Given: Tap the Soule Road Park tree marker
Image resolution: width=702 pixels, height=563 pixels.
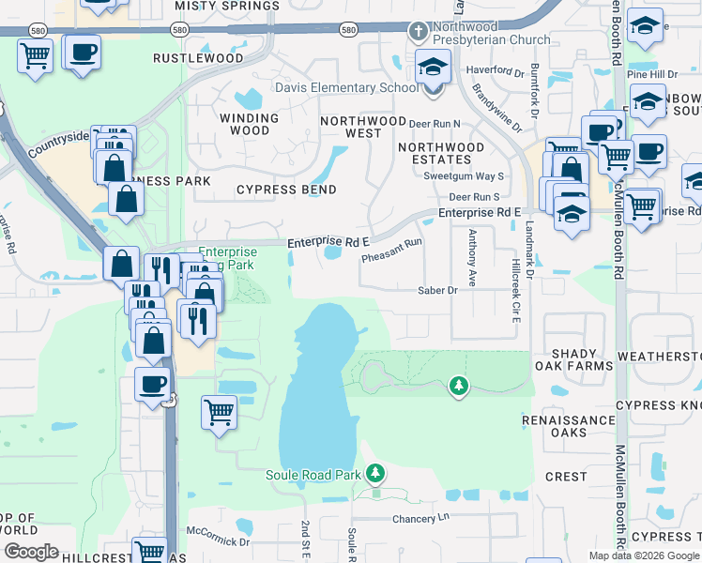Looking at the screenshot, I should (x=375, y=472).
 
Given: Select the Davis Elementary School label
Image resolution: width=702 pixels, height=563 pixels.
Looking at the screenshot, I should (x=346, y=88).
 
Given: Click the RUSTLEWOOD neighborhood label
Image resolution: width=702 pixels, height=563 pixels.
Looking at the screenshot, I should (x=198, y=58).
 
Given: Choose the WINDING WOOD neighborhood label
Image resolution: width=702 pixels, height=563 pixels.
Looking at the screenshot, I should (x=249, y=124).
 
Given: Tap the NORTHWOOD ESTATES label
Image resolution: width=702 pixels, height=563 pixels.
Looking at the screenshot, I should (x=441, y=154).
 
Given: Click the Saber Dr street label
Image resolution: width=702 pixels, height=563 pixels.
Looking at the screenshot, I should (x=437, y=291).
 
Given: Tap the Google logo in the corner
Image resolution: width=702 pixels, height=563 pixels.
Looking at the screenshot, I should (x=30, y=551).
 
